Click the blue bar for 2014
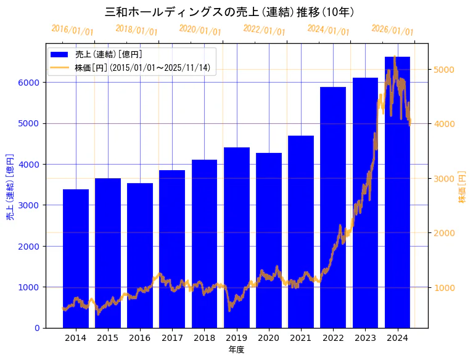click(76, 259)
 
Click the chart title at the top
click(229, 12)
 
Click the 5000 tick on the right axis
click(444, 70)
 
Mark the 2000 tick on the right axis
click(444, 233)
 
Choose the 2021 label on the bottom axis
click(301, 338)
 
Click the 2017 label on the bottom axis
click(172, 338)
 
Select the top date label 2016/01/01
click(72, 30)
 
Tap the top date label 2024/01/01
click(328, 30)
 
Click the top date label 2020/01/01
click(200, 30)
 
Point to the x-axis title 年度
click(236, 350)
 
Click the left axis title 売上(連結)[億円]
click(10, 186)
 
